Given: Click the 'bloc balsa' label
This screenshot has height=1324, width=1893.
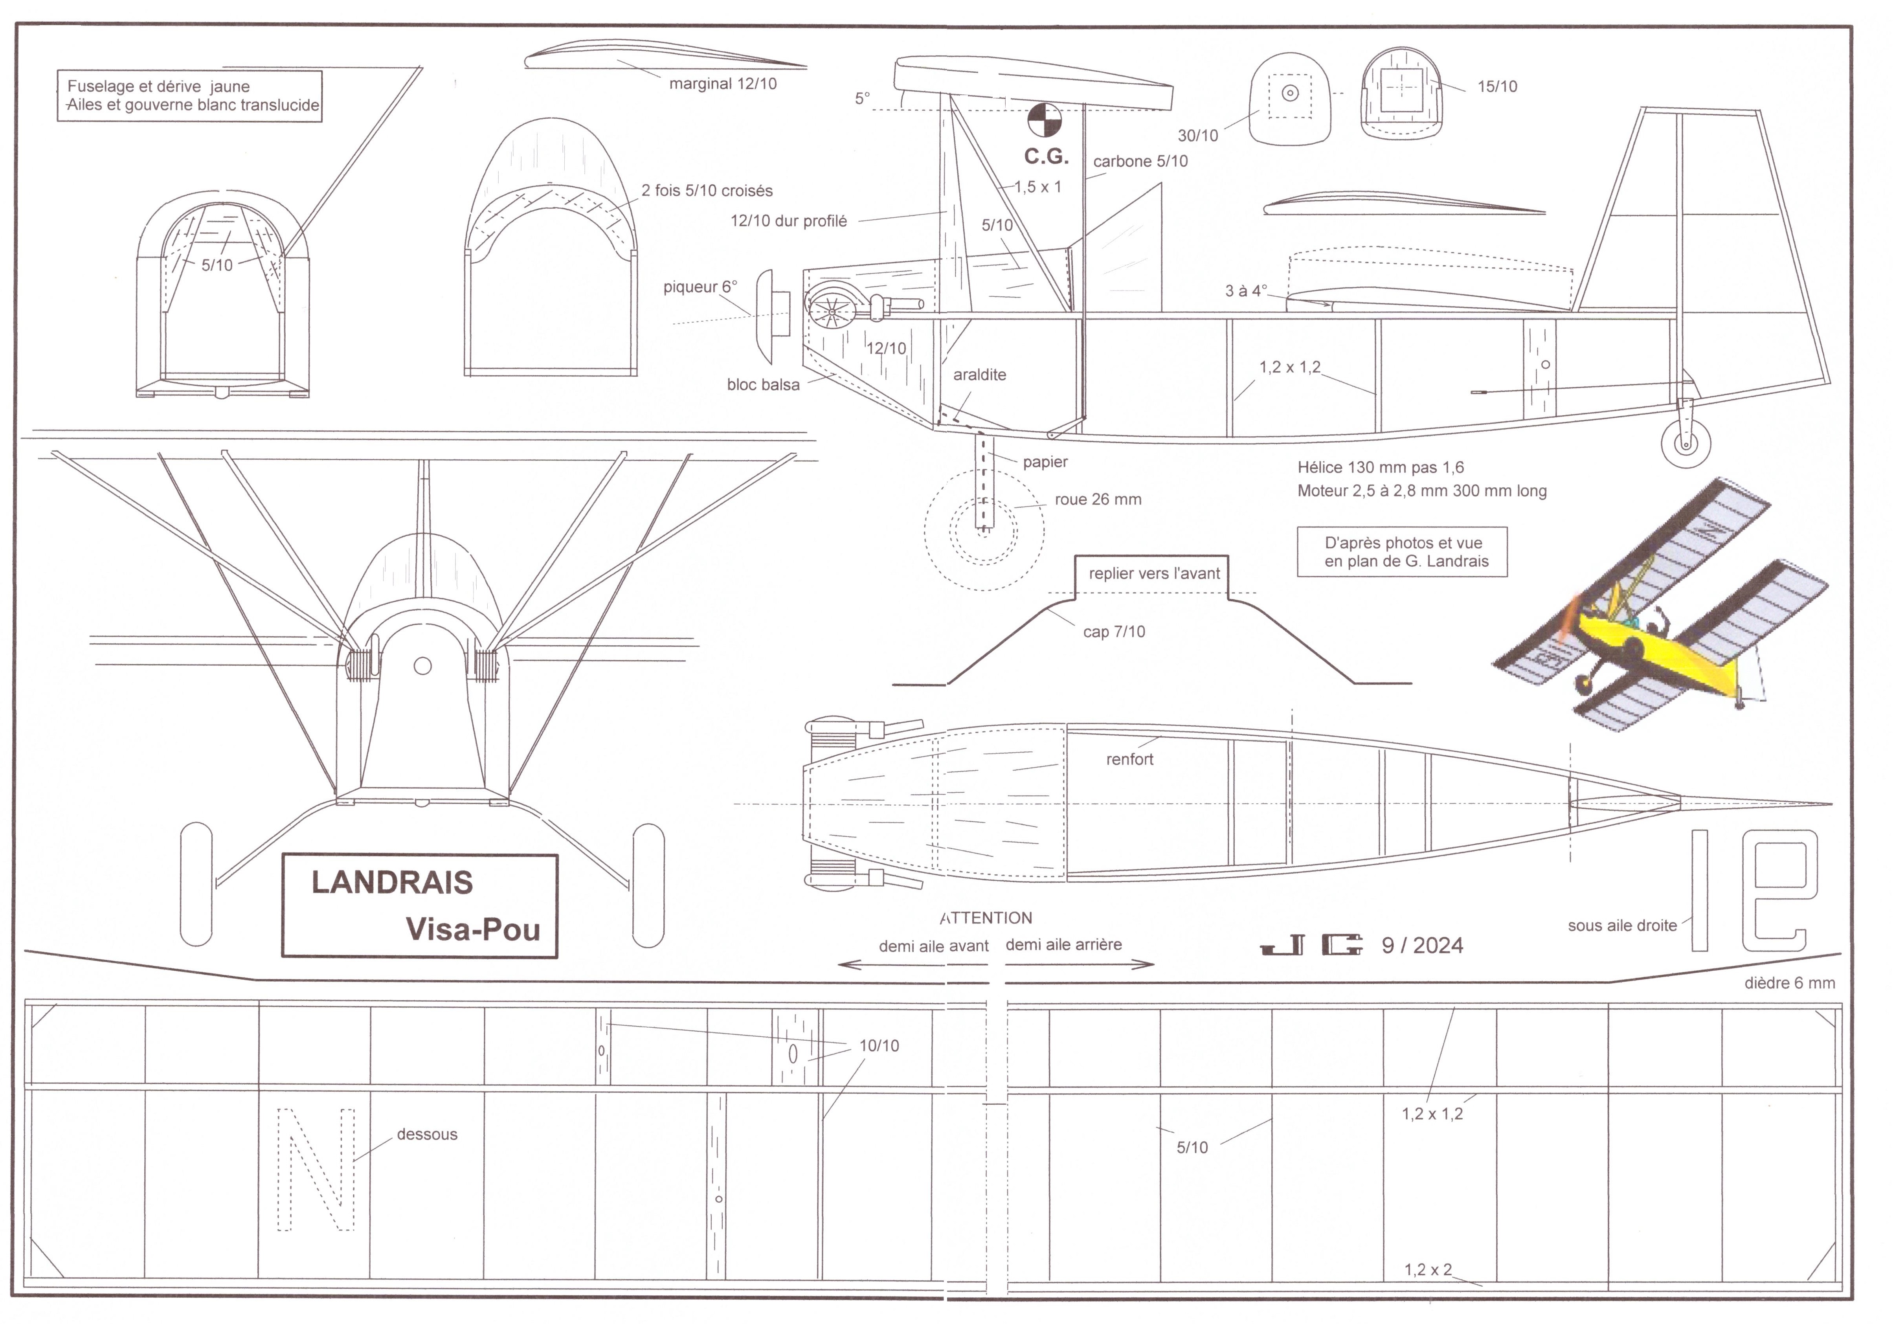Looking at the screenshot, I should point(763,385).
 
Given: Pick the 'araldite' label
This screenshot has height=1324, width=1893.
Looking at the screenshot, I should point(979,375).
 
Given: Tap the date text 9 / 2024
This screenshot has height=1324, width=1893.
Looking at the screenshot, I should point(1422,946).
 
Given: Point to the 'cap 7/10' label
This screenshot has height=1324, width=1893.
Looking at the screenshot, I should point(1114,632).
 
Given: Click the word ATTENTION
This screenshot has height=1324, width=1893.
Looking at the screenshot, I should point(986,918).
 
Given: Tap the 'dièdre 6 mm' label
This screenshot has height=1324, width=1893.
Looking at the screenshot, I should point(1789,984).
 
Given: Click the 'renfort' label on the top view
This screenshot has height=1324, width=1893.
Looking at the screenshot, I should point(1129,759).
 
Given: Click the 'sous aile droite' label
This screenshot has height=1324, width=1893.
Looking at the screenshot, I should point(1622,926).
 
